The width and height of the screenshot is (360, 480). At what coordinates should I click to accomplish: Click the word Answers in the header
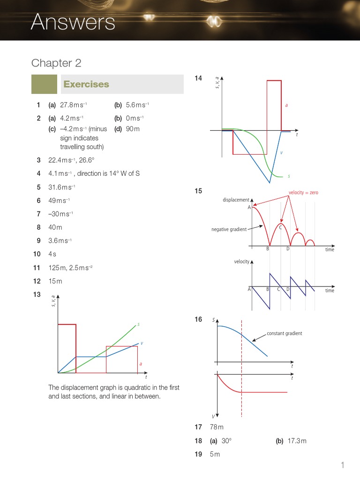(73, 22)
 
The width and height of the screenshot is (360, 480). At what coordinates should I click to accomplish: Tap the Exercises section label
(86, 84)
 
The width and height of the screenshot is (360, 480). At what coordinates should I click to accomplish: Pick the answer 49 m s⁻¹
(59, 201)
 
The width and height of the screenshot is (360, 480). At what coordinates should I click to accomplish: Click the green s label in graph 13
(138, 324)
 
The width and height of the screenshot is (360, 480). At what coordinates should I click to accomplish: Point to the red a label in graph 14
(286, 105)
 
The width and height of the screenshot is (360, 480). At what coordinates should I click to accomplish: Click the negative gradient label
(229, 229)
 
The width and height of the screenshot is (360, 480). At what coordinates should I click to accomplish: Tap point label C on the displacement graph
(280, 227)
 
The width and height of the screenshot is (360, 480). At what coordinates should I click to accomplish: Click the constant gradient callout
(285, 333)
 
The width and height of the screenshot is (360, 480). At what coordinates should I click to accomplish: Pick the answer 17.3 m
(297, 441)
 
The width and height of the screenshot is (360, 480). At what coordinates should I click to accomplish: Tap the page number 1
(343, 465)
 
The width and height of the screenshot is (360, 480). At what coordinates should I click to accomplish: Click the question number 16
(198, 319)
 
